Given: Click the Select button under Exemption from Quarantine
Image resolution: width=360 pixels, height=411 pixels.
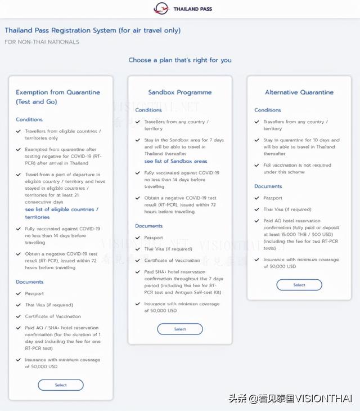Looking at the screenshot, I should [61, 385].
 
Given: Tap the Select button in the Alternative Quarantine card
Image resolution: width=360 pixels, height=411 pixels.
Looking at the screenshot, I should [299, 285].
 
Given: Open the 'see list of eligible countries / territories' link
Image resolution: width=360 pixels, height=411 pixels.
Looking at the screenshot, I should [61, 213].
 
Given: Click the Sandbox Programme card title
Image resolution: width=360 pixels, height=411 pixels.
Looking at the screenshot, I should [180, 92].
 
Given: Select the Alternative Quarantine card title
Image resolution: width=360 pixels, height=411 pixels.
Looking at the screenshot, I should [299, 92].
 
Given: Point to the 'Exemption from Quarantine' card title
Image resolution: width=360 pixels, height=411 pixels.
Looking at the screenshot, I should [58, 97].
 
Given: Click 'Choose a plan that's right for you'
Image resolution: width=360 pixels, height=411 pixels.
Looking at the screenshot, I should [180, 60].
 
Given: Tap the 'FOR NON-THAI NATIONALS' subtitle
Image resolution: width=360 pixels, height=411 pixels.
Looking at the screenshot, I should [42, 42].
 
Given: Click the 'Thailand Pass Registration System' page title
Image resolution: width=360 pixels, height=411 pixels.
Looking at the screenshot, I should [93, 30].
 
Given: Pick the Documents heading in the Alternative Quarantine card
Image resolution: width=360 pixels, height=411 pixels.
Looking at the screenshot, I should [268, 186].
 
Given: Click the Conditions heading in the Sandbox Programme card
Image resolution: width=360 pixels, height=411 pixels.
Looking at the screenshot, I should [148, 110].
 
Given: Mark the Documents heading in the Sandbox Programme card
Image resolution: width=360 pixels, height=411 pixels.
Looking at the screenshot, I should [149, 226].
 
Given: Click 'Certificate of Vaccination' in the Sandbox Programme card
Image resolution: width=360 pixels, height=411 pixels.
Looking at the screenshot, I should [172, 260].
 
